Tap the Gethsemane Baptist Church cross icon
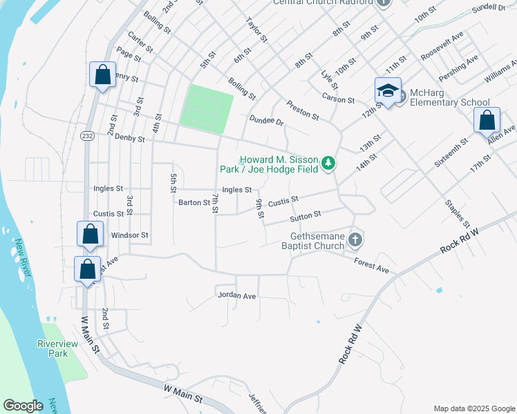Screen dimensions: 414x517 tap(355, 240)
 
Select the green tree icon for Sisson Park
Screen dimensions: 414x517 tap(330, 164)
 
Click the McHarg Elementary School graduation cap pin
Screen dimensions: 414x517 tap(388, 91)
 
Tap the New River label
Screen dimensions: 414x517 tap(23, 258)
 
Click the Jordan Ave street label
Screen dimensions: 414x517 tap(237, 295)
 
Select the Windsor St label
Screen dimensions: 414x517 tap(130, 235)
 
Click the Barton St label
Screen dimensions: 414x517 tap(194, 203)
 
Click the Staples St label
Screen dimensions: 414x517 tap(458, 214)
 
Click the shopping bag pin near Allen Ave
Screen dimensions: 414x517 tap(487, 120)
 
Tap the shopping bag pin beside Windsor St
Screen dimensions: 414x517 tap(91, 234)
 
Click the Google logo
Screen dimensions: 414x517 tap(23, 406)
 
